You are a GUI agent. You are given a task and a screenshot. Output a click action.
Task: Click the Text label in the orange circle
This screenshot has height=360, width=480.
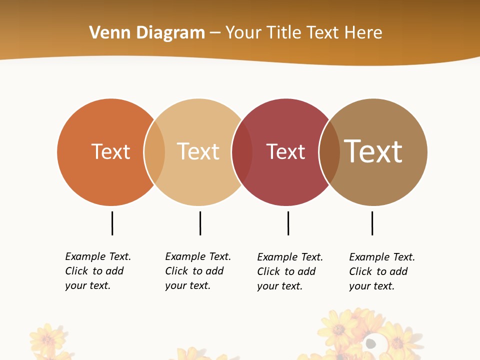110,151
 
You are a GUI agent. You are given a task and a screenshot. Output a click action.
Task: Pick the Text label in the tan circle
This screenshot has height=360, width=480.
198,151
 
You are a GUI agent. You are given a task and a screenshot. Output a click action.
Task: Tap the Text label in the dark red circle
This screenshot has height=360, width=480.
285,151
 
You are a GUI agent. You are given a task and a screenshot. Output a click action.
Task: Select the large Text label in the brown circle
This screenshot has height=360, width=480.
373,151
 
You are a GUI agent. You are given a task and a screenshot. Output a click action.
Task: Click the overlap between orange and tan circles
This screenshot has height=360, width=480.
154,152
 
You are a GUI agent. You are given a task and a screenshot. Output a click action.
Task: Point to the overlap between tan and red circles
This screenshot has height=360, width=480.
242,152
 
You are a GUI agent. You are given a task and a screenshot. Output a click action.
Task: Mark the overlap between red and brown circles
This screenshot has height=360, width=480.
329,152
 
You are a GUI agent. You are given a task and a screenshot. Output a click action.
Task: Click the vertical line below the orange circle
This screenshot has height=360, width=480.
112,223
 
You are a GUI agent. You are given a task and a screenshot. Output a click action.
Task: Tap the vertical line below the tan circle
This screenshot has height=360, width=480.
200,223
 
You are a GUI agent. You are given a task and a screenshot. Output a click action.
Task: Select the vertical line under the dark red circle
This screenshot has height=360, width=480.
288,223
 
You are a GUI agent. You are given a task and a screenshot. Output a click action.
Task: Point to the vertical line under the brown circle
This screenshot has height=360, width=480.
372,223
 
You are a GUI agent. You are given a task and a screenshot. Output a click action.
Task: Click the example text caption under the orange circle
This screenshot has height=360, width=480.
97,271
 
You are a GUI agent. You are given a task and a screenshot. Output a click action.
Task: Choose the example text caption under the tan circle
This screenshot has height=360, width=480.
197,271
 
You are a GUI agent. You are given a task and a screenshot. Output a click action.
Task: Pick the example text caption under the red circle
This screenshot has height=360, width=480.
289,271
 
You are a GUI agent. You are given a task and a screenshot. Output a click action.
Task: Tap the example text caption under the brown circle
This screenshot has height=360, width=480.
381,271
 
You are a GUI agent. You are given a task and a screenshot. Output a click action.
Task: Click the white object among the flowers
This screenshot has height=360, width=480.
370,343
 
